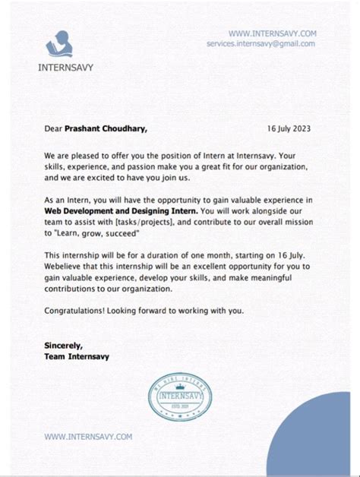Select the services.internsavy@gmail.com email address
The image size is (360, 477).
point(261,44)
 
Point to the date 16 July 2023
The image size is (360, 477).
point(289,129)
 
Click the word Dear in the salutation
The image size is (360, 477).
point(53,129)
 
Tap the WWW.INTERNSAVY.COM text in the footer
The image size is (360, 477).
point(88,436)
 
